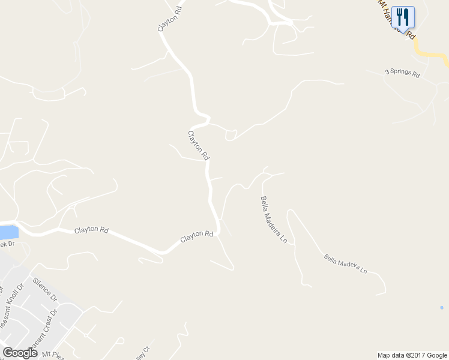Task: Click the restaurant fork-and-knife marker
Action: (x=403, y=17)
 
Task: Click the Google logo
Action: (x=20, y=353)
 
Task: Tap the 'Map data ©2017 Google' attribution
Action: (x=412, y=355)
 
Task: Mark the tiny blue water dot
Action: (x=442, y=308)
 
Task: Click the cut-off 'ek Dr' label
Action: (x=7, y=244)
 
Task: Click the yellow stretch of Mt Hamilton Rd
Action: (x=432, y=55)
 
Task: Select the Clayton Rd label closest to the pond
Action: (x=91, y=230)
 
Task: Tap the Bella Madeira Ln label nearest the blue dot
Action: (x=345, y=263)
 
